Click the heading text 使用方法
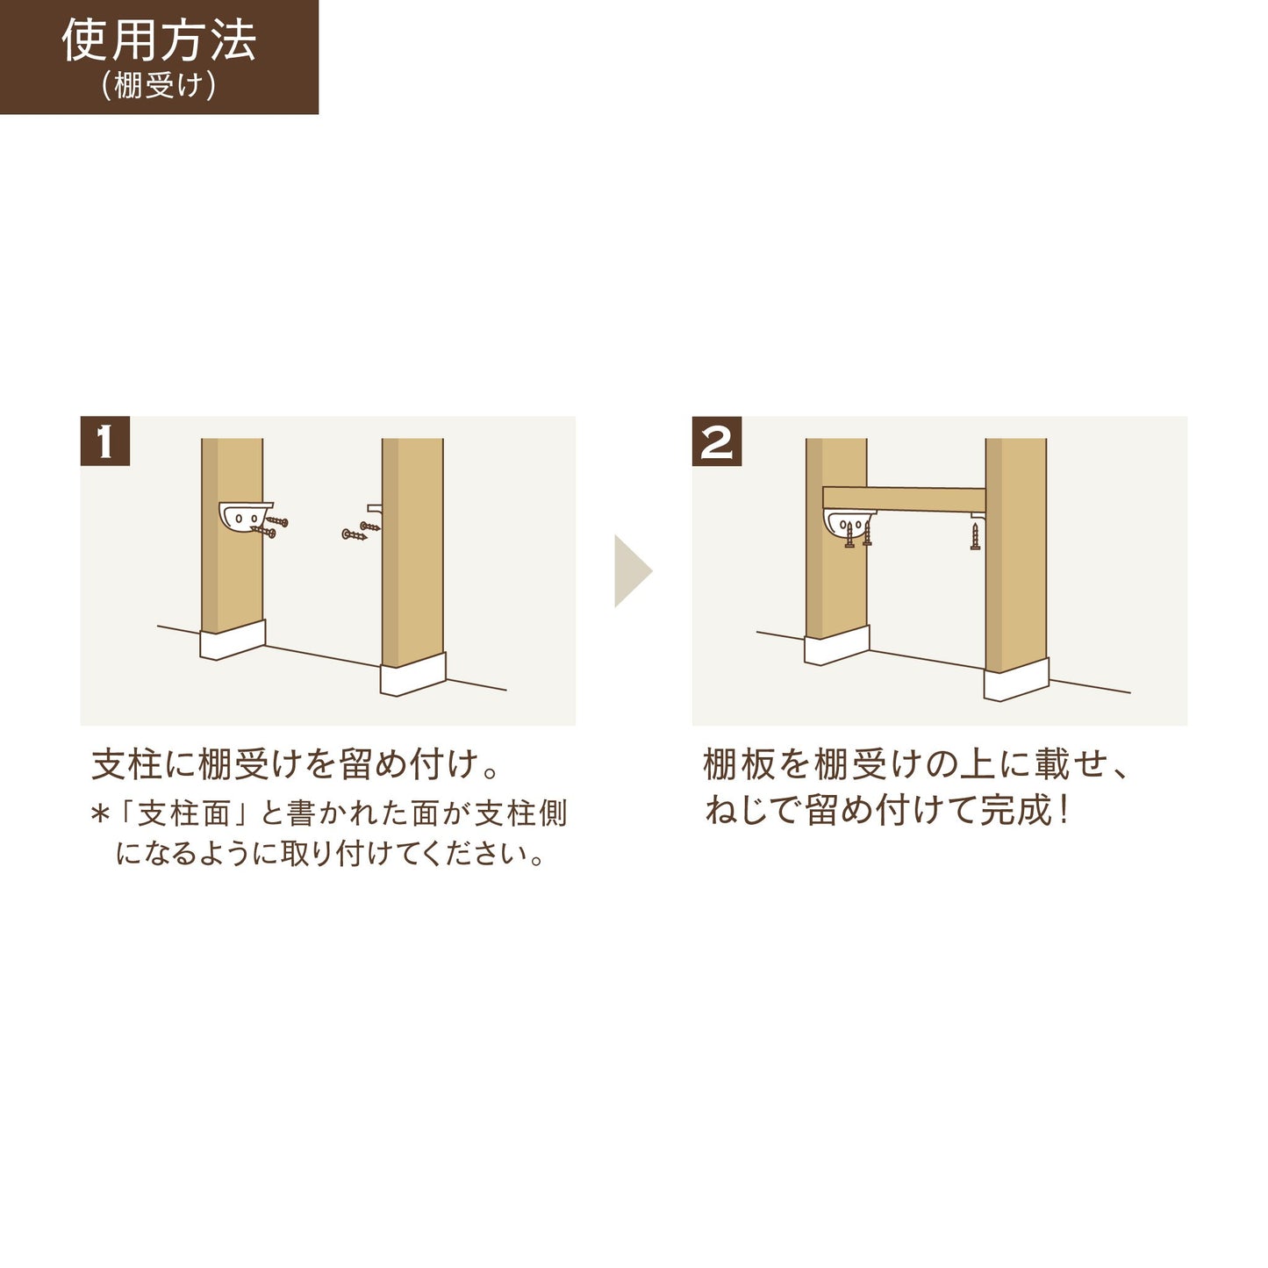(x=159, y=40)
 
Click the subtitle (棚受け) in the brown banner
(x=159, y=86)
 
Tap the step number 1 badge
(x=105, y=441)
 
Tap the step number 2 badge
(x=717, y=441)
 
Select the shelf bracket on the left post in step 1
(x=243, y=517)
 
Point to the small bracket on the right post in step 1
(x=375, y=508)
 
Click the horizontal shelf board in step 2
(x=904, y=499)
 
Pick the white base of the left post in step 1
(x=233, y=641)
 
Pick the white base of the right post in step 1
(x=412, y=676)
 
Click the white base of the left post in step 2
(x=836, y=647)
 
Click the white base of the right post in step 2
(x=1015, y=680)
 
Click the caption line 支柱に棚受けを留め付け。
(x=296, y=764)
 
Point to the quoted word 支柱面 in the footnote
(x=183, y=813)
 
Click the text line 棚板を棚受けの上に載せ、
(x=915, y=764)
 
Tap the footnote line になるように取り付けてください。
(x=331, y=854)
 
